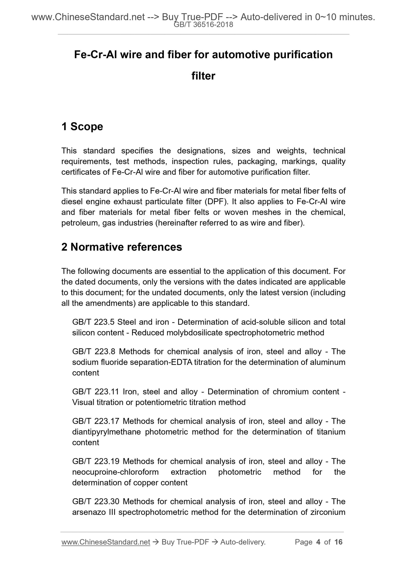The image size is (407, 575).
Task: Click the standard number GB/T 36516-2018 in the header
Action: click(x=203, y=25)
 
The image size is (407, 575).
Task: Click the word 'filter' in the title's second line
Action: click(x=203, y=76)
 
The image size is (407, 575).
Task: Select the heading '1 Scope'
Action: click(x=82, y=127)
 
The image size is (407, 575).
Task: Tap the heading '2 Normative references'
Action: click(x=122, y=247)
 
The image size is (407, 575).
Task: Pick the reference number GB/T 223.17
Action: click(x=95, y=421)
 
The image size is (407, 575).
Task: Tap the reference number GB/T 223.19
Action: click(x=95, y=461)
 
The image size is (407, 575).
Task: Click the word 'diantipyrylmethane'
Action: click(x=106, y=432)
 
